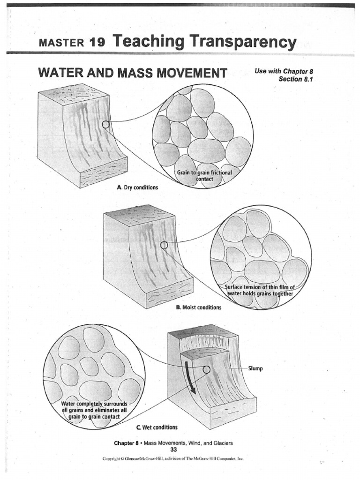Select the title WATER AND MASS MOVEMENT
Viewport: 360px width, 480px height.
133,73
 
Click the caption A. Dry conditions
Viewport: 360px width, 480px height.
137,187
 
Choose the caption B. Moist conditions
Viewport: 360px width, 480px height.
199,308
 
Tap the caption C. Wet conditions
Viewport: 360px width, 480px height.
150,427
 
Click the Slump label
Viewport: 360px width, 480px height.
255,368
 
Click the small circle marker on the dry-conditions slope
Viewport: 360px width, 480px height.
106,125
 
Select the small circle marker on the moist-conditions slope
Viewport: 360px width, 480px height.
164,245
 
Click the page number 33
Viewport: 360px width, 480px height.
173,449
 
